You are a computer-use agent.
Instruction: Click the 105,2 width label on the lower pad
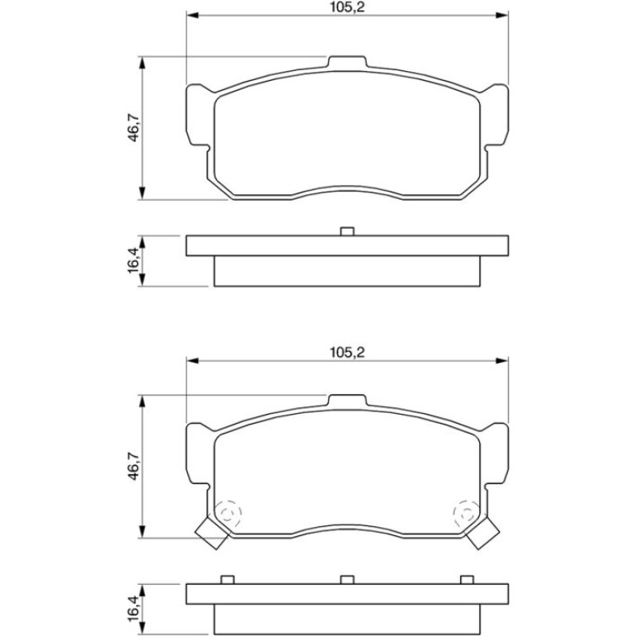pyautogui.click(x=347, y=352)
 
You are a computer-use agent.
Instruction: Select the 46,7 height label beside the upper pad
pyautogui.click(x=134, y=128)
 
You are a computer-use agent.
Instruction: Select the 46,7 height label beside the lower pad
pyautogui.click(x=134, y=468)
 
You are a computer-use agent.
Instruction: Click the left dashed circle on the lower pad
pyautogui.click(x=228, y=515)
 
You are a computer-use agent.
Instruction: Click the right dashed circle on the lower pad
pyautogui.click(x=467, y=515)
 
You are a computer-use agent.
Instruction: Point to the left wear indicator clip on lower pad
pyautogui.click(x=211, y=532)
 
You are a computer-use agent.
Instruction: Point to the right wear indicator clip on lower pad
pyautogui.click(x=482, y=532)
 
